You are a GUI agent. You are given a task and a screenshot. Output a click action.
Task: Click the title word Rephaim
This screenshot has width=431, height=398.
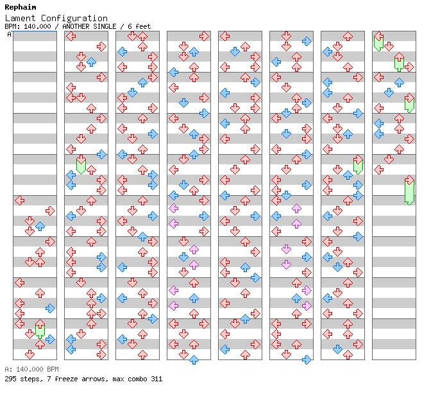point(20,7)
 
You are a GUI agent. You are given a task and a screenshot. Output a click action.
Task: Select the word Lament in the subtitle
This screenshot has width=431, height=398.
point(20,18)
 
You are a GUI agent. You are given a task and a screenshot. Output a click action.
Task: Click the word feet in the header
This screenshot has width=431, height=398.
point(142,26)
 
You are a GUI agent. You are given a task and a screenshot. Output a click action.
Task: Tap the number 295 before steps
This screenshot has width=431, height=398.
point(11,379)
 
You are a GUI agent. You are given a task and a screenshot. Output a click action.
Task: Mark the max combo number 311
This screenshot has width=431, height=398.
point(156,379)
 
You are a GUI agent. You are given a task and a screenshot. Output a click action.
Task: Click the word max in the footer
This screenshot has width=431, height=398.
point(118,379)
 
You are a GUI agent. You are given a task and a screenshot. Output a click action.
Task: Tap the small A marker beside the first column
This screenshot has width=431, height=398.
point(9,35)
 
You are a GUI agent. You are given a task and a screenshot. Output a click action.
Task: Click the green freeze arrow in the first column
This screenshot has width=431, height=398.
point(40,330)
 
